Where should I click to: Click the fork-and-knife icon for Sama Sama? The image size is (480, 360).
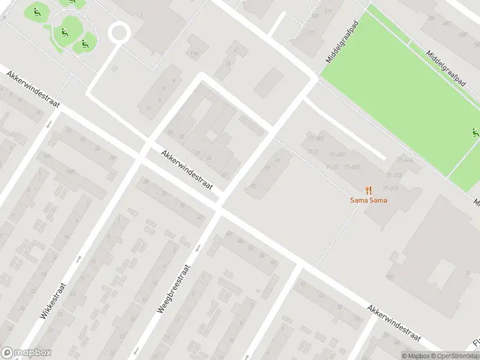click(x=368, y=190)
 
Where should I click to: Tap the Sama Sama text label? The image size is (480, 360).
click(x=368, y=200)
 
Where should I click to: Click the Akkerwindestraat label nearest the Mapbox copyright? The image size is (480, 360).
click(x=394, y=323)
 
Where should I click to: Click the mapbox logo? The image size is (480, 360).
click(x=26, y=353)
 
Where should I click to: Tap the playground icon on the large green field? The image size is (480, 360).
click(x=475, y=133)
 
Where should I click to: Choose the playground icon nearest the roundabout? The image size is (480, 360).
click(x=84, y=43)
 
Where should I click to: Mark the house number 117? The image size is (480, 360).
click(x=309, y=33)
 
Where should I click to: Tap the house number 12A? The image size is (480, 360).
click(x=193, y=53)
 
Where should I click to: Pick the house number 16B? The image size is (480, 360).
click(x=70, y=172)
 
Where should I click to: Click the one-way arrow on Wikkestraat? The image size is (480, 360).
click(x=79, y=259)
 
